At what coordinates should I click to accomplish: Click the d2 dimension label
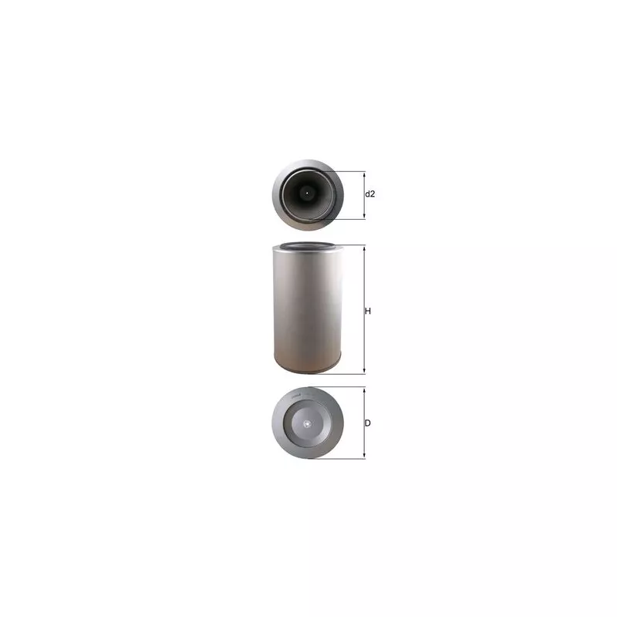pyautogui.click(x=370, y=194)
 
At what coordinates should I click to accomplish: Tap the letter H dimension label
pyautogui.click(x=368, y=312)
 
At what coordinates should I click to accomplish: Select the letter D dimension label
pyautogui.click(x=368, y=423)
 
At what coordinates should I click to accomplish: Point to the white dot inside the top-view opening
pyautogui.click(x=307, y=193)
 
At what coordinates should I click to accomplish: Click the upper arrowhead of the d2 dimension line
pyautogui.click(x=364, y=174)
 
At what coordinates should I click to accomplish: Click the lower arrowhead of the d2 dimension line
pyautogui.click(x=364, y=217)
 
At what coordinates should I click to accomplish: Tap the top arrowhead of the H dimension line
pyautogui.click(x=364, y=248)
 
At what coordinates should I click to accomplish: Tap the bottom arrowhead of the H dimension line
pyautogui.click(x=364, y=371)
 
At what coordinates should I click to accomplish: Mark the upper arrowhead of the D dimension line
pyautogui.click(x=364, y=389)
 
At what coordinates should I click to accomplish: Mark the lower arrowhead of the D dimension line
pyautogui.click(x=364, y=456)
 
